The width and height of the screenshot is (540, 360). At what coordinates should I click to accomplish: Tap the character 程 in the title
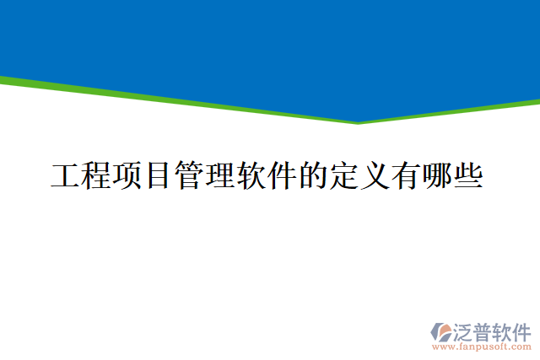pyautogui.click(x=96, y=177)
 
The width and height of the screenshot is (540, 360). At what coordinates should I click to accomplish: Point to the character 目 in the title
pyautogui.click(x=158, y=177)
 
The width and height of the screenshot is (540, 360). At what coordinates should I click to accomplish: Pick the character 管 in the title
pyautogui.click(x=189, y=177)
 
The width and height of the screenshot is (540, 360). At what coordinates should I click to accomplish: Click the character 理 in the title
pyautogui.click(x=219, y=177)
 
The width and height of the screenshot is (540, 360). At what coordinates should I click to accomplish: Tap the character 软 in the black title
pyautogui.click(x=251, y=177)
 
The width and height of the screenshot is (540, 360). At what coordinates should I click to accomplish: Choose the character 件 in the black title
pyautogui.click(x=282, y=177)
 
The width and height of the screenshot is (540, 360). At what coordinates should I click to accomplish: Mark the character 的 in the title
pyautogui.click(x=312, y=177)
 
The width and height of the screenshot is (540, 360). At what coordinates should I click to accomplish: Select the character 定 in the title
pyautogui.click(x=343, y=177)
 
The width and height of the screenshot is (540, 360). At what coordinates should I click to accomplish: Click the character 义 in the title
pyautogui.click(x=375, y=177)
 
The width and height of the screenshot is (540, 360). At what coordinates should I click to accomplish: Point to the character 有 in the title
pyautogui.click(x=405, y=177)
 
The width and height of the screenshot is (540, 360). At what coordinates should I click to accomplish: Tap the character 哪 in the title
pyautogui.click(x=436, y=177)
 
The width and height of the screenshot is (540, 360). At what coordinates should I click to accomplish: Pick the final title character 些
pyautogui.click(x=467, y=177)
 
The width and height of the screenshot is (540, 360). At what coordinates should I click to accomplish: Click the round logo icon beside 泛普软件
pyautogui.click(x=442, y=332)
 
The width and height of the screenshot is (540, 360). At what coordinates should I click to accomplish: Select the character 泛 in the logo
pyautogui.click(x=465, y=330)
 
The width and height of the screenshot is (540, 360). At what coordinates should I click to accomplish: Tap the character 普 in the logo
pyautogui.click(x=484, y=330)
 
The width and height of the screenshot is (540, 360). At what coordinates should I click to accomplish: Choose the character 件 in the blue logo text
pyautogui.click(x=522, y=330)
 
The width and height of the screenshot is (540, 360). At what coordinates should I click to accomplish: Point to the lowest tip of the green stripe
pyautogui.click(x=358, y=123)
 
